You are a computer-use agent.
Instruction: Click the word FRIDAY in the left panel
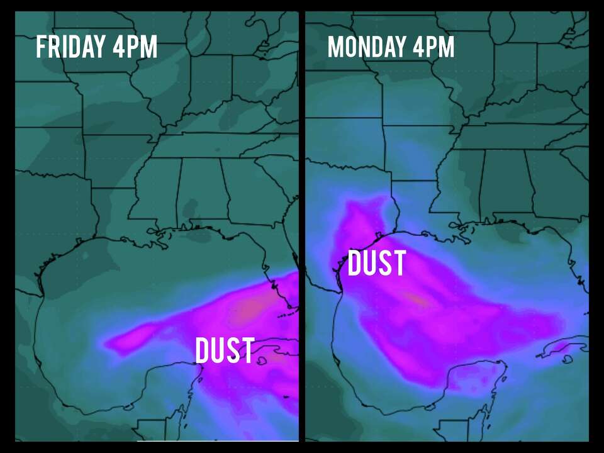[69, 47]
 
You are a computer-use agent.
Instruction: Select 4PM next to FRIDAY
[135, 47]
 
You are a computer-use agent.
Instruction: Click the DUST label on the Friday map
[225, 350]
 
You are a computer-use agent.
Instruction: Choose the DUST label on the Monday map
[376, 264]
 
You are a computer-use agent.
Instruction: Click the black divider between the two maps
[302, 226]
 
